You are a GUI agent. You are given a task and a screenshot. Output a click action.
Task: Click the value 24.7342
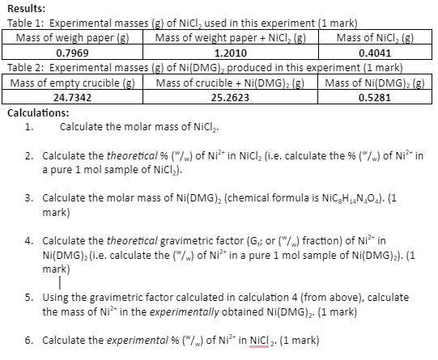(72, 96)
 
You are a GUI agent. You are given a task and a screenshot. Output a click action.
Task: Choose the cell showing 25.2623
(229, 96)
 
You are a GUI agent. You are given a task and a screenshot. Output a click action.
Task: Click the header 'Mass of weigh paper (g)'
(72, 37)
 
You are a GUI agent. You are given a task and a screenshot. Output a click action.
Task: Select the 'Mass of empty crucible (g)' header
(72, 83)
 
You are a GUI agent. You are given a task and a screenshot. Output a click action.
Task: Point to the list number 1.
(29, 127)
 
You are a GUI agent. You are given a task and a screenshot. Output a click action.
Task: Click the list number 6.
(29, 340)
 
